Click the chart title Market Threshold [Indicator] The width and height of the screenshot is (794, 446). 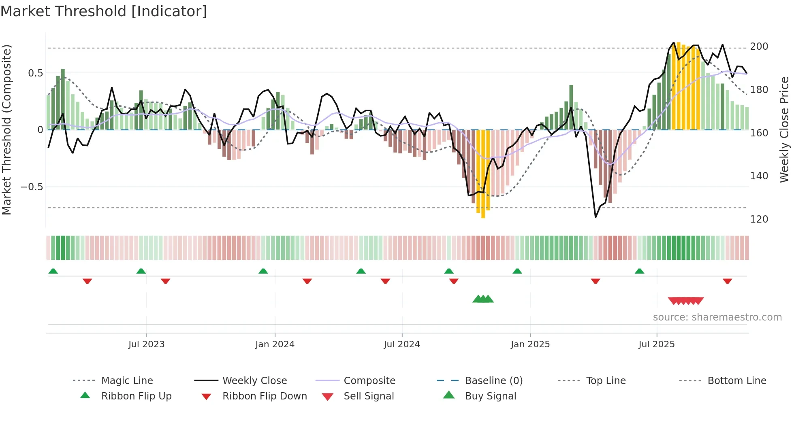(104, 11)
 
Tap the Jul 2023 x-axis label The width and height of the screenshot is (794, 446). (146, 344)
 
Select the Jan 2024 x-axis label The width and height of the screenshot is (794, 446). (275, 344)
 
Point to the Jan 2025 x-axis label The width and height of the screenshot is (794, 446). (530, 344)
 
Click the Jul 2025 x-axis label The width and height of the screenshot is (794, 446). (656, 344)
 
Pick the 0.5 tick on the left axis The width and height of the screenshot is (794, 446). (35, 73)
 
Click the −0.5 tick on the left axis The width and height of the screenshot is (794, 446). (32, 187)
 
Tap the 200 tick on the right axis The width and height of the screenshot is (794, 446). (759, 47)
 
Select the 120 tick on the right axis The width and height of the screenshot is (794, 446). (759, 219)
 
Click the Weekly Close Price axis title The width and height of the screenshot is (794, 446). (784, 130)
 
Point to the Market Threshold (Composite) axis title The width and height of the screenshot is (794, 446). (6, 130)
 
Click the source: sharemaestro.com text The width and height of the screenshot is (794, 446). (717, 317)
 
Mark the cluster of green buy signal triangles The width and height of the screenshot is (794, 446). (483, 299)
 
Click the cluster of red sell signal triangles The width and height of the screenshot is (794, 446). (685, 301)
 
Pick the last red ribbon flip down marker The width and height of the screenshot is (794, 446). (727, 281)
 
